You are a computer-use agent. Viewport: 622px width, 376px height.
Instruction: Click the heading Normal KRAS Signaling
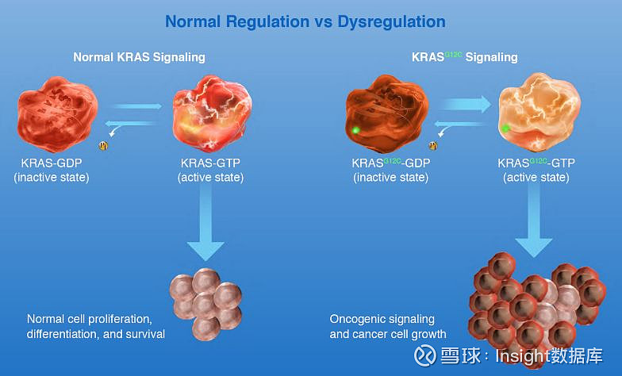[x=139, y=57]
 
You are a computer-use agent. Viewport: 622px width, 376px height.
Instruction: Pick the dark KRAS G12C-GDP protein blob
[x=386, y=119]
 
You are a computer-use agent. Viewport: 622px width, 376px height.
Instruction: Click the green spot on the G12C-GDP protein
[x=355, y=129]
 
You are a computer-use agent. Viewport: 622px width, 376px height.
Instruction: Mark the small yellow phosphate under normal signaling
[x=102, y=145]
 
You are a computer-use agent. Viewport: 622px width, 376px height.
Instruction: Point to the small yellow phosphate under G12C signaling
[x=433, y=145]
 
